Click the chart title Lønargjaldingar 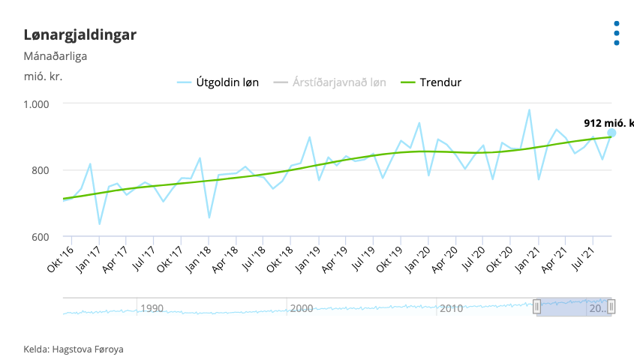pyautogui.click(x=80, y=34)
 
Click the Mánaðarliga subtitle pyautogui.click(x=56, y=55)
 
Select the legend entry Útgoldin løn pyautogui.click(x=218, y=82)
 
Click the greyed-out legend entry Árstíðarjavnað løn pyautogui.click(x=329, y=82)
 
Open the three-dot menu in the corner pyautogui.click(x=617, y=33)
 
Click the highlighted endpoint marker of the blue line pyautogui.click(x=612, y=133)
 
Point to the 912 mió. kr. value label pyautogui.click(x=608, y=123)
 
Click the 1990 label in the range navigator pyautogui.click(x=152, y=308)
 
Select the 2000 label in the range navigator pyautogui.click(x=302, y=308)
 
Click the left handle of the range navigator pyautogui.click(x=536, y=306)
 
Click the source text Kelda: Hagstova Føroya pyautogui.click(x=74, y=349)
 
